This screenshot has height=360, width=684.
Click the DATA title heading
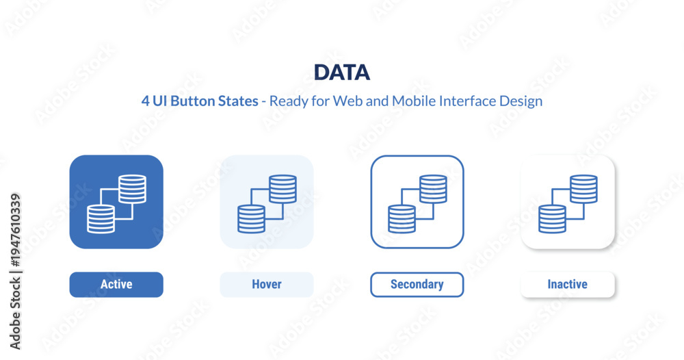pos(342,73)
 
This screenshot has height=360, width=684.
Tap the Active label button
pos(116,285)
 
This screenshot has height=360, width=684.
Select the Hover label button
pos(267,285)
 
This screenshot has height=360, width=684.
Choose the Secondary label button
pos(417,285)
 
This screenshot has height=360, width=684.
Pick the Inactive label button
pos(568,285)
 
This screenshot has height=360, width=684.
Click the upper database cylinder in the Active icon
pos(133,189)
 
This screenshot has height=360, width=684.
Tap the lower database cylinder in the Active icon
pos(101,219)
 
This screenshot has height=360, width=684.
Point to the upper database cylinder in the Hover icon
pos(282,189)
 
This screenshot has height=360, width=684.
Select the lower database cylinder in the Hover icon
pos(251,219)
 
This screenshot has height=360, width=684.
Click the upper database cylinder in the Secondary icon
pos(433,189)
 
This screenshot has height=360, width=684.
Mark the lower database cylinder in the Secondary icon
pos(402,219)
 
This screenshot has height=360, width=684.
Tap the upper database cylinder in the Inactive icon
pos(583,189)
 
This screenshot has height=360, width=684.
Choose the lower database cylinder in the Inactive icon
pos(552,219)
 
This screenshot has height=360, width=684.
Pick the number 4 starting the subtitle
pos(145,101)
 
